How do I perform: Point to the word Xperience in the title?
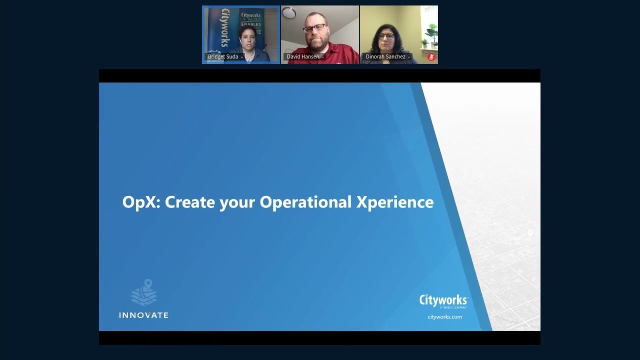coord(395,202)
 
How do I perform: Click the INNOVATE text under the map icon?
coord(143,315)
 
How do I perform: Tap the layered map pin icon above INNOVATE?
coord(144,292)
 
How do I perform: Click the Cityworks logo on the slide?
coord(443,300)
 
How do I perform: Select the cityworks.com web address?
coord(444,317)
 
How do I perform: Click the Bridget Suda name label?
coord(223,57)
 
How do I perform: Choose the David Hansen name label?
coord(303,57)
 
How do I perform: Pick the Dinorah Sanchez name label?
coord(385,57)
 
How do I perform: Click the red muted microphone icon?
coord(431,57)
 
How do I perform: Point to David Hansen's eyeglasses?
coord(315,28)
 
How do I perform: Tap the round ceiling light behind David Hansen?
coord(288,12)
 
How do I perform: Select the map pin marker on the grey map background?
coord(530,233)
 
